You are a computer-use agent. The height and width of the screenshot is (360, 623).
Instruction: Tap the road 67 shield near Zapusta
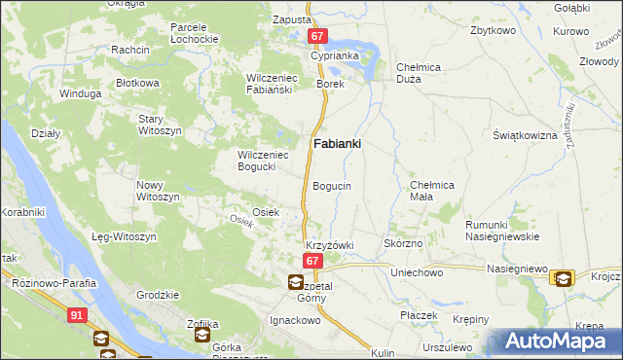(x=317, y=36)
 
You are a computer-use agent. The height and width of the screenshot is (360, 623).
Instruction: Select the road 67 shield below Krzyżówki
(x=311, y=262)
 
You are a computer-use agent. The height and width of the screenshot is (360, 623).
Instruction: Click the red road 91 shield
(x=77, y=315)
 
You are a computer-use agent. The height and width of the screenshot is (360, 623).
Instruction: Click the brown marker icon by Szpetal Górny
(x=295, y=282)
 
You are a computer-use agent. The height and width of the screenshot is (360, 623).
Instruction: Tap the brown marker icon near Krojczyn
(x=562, y=278)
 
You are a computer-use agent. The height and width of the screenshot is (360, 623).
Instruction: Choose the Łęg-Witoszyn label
(x=124, y=237)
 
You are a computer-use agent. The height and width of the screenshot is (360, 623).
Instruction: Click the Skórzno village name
(x=403, y=243)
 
